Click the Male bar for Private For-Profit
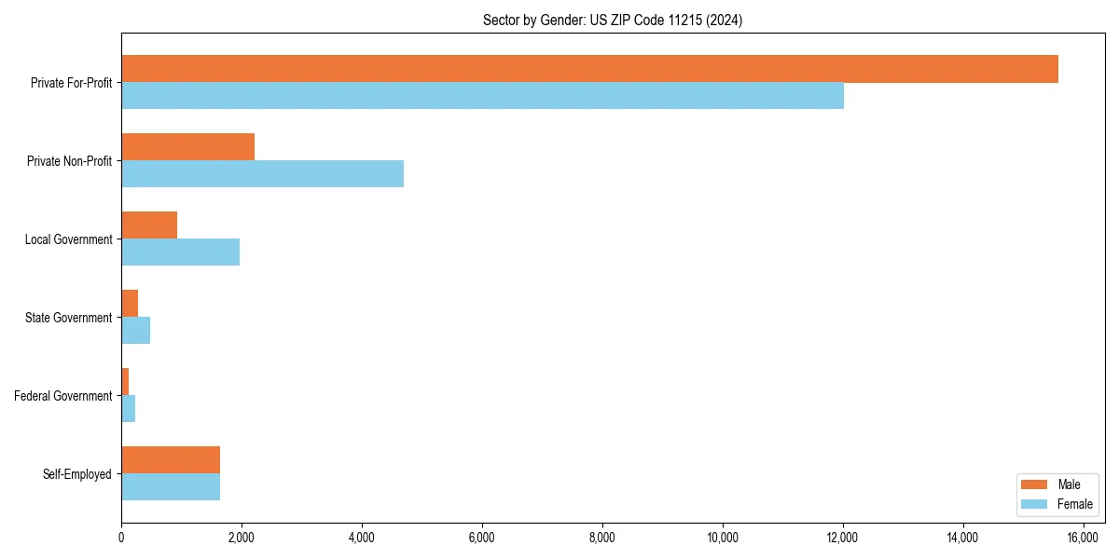pyautogui.click(x=589, y=69)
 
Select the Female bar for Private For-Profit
pyautogui.click(x=482, y=96)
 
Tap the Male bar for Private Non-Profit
pyautogui.click(x=187, y=147)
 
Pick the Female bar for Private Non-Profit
pyautogui.click(x=262, y=174)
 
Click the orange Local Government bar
pyautogui.click(x=149, y=225)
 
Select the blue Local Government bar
pyautogui.click(x=180, y=252)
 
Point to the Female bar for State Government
pyautogui.click(x=136, y=331)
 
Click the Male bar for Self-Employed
pyautogui.click(x=171, y=460)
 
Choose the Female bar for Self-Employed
pyautogui.click(x=171, y=487)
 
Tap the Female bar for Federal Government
pyautogui.click(x=129, y=409)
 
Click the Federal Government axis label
pyautogui.click(x=63, y=396)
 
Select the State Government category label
pyautogui.click(x=69, y=318)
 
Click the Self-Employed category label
pyautogui.click(x=77, y=474)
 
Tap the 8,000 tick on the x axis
pyautogui.click(x=602, y=537)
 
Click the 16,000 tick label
pyautogui.click(x=1083, y=537)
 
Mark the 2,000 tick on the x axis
pyautogui.click(x=242, y=537)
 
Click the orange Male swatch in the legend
pyautogui.click(x=1035, y=484)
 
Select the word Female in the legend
pyautogui.click(x=1074, y=504)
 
